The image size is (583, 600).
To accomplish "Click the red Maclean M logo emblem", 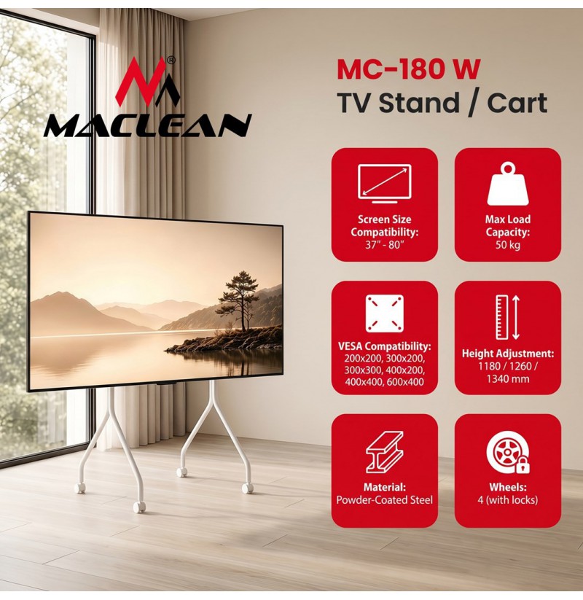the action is (x=148, y=82).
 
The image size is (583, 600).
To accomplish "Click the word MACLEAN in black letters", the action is (x=148, y=125).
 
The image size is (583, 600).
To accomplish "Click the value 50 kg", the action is (x=508, y=244).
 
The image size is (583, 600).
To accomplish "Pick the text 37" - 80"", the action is (x=385, y=244).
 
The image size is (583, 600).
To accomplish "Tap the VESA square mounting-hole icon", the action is (x=385, y=313).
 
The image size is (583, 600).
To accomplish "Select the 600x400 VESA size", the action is (x=405, y=381).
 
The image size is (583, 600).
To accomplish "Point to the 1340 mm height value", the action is (x=508, y=379).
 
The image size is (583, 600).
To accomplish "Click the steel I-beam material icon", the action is (x=385, y=452).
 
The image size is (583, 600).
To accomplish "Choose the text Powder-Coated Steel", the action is (x=385, y=499).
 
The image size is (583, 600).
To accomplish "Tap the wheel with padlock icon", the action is (x=508, y=454).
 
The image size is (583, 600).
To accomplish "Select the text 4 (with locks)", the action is (x=508, y=499).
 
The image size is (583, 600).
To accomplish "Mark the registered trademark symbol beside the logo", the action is (x=172, y=60).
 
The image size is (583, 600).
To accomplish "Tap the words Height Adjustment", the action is (x=508, y=353).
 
